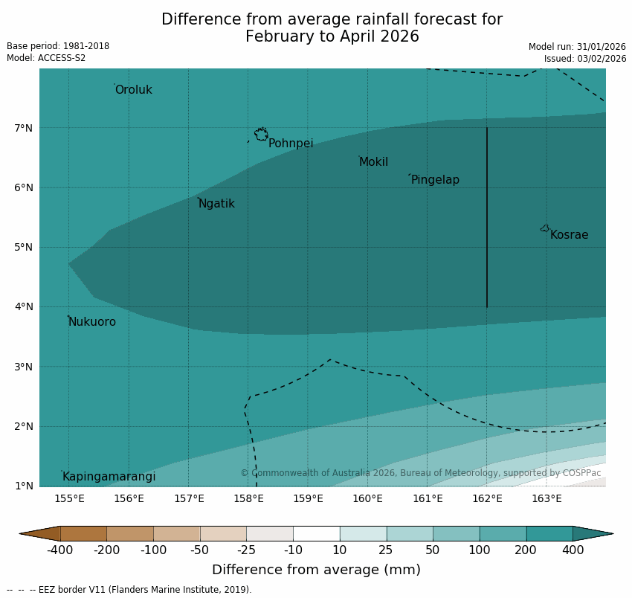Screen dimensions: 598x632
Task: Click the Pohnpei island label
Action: point(291,144)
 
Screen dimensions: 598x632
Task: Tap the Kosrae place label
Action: point(569,235)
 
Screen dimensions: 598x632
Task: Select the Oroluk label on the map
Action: point(134,90)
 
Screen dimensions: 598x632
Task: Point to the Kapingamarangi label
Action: point(109,477)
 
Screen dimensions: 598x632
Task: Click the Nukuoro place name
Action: point(92,322)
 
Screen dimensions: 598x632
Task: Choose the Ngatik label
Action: point(216,204)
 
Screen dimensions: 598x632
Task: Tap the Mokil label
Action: point(373,162)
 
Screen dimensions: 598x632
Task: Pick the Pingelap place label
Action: point(435,180)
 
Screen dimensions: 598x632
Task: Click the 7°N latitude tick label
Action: point(24,128)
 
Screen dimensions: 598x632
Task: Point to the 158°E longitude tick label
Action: point(248,498)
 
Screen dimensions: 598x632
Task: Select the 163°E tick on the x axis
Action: point(546,498)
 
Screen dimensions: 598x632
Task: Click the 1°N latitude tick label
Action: point(24,486)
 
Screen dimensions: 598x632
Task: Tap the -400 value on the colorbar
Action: point(60,550)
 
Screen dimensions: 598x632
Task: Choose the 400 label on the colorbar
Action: point(573,550)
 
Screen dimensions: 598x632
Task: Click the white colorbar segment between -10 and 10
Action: point(316,533)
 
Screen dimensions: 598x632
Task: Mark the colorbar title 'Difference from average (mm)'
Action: point(316,570)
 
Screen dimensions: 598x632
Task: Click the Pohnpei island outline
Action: point(261,135)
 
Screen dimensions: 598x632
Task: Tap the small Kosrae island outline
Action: point(545,228)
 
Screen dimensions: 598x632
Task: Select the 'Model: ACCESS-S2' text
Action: point(46,58)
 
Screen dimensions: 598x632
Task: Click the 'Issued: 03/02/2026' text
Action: point(585,58)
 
